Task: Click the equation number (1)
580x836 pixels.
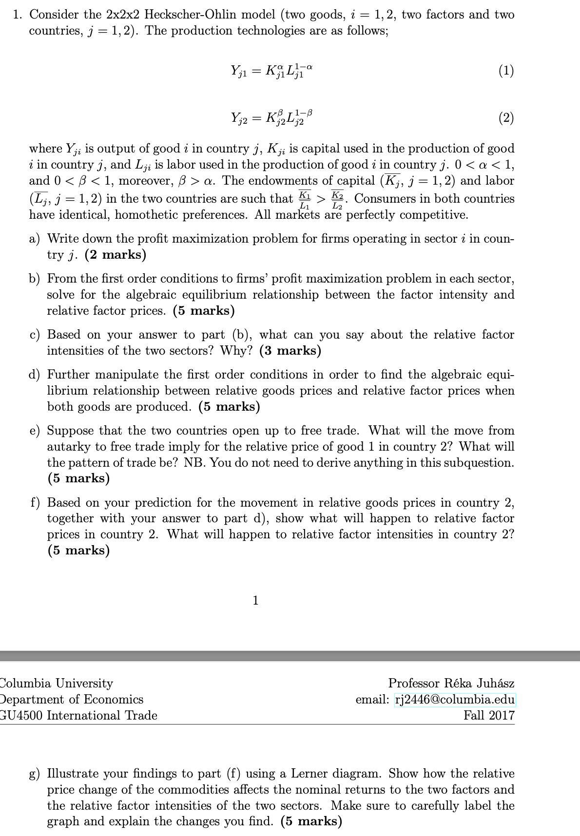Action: [x=506, y=71]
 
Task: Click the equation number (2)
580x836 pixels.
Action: [x=506, y=118]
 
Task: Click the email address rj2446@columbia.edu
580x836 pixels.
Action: [x=454, y=700]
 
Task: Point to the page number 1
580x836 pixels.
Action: [x=255, y=600]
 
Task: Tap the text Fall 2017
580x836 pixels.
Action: [x=489, y=716]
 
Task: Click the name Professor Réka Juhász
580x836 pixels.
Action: [x=451, y=684]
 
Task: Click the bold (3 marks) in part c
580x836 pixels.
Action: [x=290, y=351]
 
